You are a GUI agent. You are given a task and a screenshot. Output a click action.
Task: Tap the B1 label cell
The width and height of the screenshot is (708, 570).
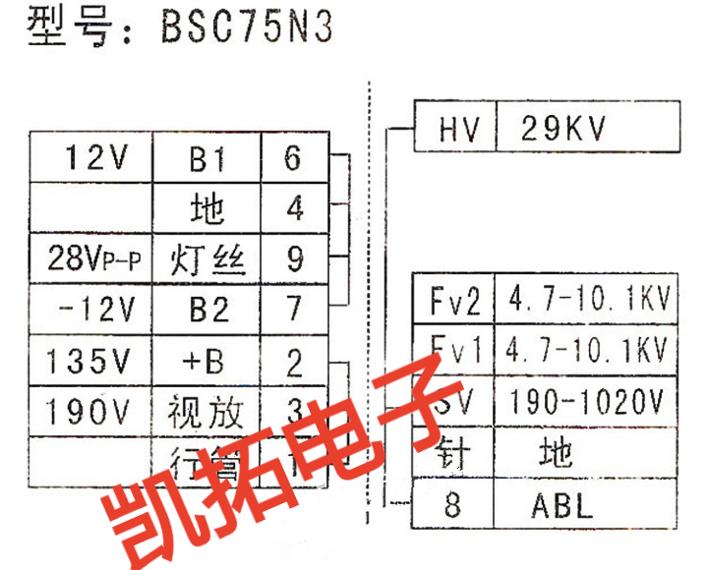click(x=207, y=158)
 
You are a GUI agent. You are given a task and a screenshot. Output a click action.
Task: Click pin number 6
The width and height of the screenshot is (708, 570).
click(x=293, y=157)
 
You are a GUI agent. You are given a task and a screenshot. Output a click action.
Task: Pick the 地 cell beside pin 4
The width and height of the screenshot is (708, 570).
click(x=207, y=208)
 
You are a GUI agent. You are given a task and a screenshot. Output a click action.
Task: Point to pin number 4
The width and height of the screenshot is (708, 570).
click(x=293, y=208)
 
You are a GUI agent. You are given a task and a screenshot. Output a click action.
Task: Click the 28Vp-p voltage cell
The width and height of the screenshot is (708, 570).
click(x=93, y=259)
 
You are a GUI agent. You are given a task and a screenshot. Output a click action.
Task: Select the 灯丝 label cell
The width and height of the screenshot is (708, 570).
click(x=207, y=259)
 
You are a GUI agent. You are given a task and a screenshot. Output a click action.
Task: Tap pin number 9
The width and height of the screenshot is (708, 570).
click(x=293, y=259)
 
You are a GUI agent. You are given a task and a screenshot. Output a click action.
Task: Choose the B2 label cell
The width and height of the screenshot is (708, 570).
click(x=207, y=311)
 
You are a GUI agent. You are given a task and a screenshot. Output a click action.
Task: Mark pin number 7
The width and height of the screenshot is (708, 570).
click(x=293, y=311)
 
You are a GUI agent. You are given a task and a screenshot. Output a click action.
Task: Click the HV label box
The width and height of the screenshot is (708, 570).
click(x=454, y=128)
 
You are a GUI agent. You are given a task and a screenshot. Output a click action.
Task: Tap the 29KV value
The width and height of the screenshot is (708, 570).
click(x=564, y=128)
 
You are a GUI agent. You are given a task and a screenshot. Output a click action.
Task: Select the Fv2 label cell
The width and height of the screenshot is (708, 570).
click(x=454, y=300)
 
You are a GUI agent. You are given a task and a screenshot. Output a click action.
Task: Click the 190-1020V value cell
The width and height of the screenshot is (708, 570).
click(x=587, y=400)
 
